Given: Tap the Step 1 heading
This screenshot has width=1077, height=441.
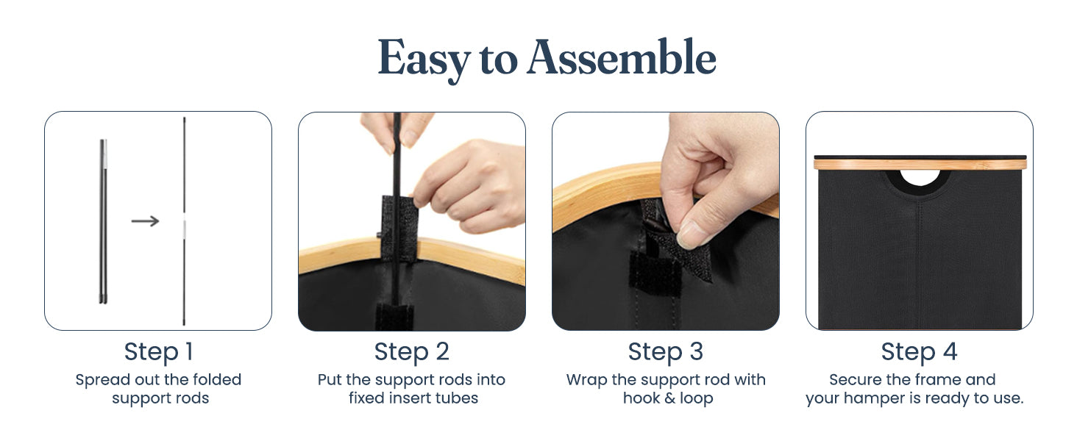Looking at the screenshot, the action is (159, 352).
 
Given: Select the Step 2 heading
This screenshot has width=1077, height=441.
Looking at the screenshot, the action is (411, 352).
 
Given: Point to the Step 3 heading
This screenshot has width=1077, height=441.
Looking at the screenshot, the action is (666, 352).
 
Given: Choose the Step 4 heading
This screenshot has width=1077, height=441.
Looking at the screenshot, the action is (919, 352).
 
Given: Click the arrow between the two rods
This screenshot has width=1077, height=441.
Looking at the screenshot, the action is (145, 221).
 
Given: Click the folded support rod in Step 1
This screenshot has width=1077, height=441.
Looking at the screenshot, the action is (104, 221).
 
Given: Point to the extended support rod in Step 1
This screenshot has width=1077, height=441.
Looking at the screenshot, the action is (184, 221).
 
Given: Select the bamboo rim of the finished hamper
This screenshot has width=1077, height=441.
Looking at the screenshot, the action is (920, 165).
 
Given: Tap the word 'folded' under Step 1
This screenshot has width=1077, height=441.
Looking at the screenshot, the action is (217, 379).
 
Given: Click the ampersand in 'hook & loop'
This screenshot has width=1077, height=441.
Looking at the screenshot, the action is (668, 398).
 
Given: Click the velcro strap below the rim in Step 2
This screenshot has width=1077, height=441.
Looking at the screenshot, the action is (394, 317).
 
